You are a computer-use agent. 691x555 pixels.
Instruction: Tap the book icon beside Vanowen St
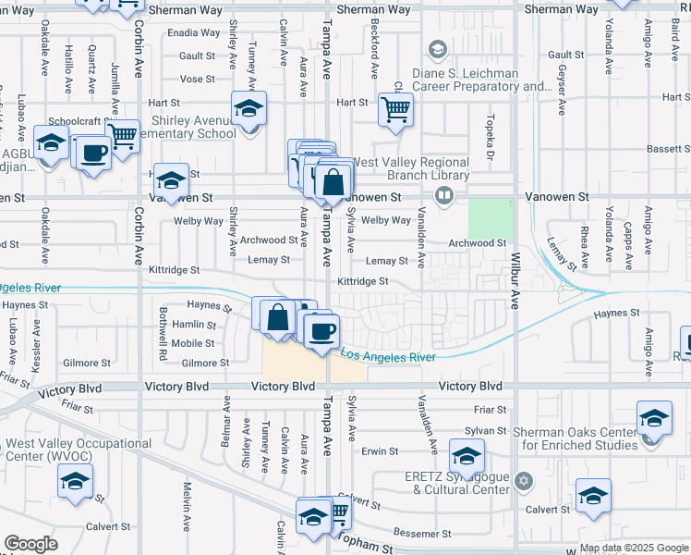[445, 195]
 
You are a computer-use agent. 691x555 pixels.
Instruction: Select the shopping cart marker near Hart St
[396, 110]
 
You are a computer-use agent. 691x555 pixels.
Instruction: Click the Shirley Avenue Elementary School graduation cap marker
[248, 110]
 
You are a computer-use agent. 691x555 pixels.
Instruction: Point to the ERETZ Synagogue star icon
[524, 481]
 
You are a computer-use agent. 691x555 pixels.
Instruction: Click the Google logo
[30, 544]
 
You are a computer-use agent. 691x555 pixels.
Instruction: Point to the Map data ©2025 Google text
[633, 548]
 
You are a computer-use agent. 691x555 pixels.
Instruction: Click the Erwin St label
[379, 451]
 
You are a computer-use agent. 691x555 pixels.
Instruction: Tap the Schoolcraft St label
[79, 121]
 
